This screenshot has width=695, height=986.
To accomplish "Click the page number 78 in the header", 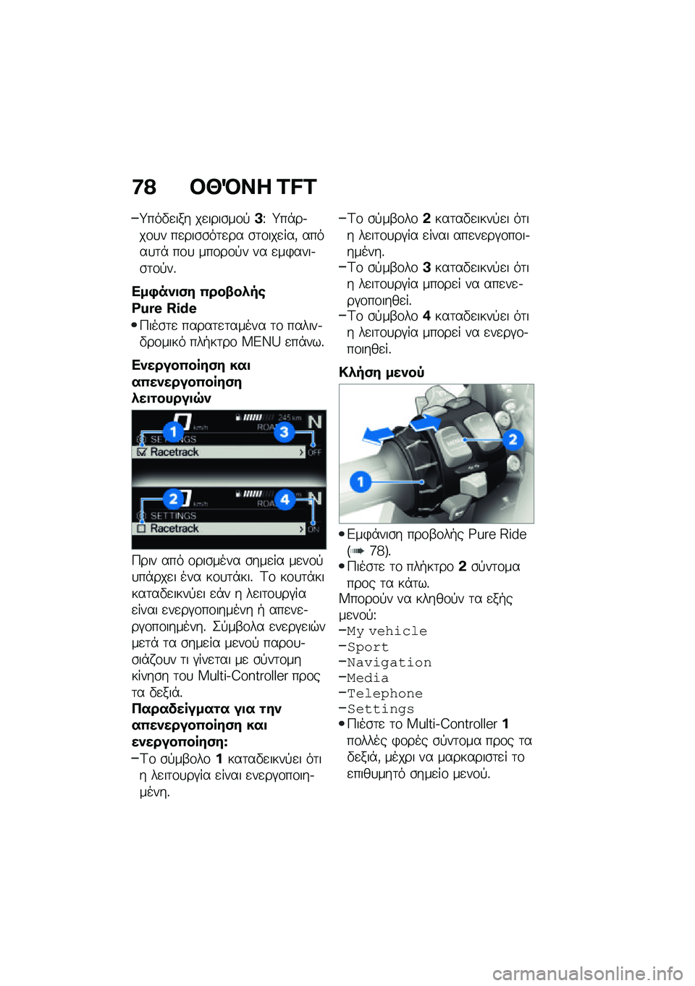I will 144,187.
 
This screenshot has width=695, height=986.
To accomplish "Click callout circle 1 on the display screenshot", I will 173,432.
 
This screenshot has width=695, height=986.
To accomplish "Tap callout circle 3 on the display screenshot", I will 285,432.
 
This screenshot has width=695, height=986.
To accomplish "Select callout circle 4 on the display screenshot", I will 285,499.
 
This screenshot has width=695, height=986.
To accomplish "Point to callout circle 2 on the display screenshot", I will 172,498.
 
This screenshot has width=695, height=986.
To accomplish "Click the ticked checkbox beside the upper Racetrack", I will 142,452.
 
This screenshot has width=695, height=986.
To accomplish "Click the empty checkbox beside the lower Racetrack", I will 142,529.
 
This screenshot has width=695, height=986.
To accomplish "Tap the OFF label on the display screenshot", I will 314,452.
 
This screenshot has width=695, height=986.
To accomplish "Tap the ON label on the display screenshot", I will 313,529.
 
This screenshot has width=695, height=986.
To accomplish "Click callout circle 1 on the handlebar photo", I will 361,481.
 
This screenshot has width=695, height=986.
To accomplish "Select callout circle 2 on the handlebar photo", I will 513,439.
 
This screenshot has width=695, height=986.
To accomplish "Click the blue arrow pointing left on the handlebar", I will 378,434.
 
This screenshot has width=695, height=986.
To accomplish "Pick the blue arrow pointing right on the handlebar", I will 427,422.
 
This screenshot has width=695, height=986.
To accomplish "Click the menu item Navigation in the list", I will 389,662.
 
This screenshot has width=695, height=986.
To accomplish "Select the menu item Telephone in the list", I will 384,694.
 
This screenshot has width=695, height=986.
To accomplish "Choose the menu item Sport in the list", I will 368,647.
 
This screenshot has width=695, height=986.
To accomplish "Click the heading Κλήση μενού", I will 382,372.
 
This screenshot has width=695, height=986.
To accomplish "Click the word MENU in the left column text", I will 261,342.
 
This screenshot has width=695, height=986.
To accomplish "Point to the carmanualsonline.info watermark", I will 587,974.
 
